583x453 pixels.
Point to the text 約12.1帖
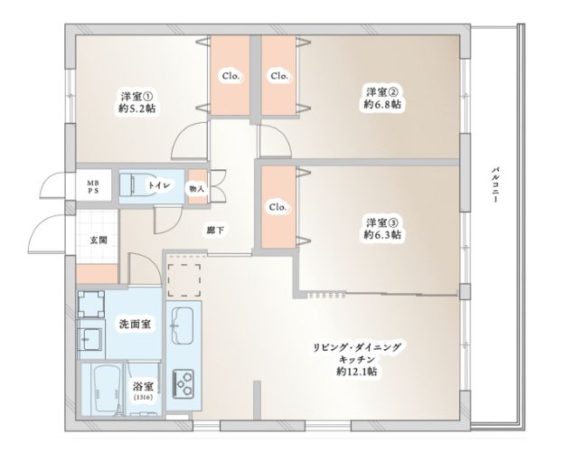[358, 372]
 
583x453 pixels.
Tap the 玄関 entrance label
[98, 241]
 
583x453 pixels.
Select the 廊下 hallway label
[215, 231]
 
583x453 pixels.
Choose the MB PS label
[92, 186]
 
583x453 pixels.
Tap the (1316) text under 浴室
[143, 397]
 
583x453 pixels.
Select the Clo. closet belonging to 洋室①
[230, 76]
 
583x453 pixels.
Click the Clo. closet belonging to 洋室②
[278, 76]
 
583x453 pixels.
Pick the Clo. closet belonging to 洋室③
[277, 207]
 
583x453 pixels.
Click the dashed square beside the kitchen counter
[186, 275]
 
